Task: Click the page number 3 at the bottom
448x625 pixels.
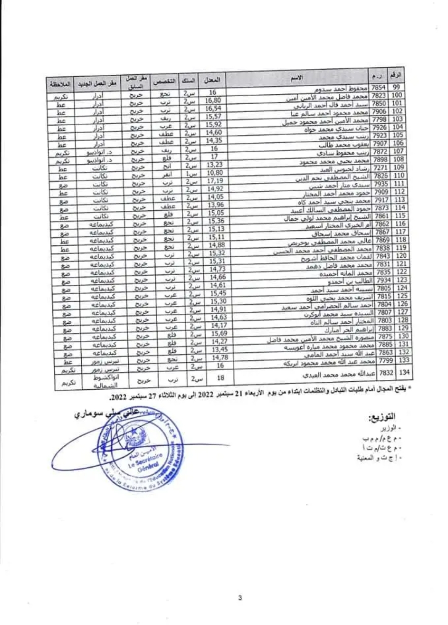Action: point(240,598)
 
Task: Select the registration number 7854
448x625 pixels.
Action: point(378,88)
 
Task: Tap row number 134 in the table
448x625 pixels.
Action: point(404,372)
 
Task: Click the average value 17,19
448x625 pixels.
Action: point(215,181)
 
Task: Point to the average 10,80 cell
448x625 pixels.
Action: point(214,173)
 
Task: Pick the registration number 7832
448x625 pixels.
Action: point(386,373)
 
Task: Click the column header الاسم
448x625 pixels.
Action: point(297,78)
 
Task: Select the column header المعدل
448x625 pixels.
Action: point(212,79)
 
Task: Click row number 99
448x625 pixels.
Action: point(397,87)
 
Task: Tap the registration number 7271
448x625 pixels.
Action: point(380,168)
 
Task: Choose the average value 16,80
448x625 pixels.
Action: point(213,100)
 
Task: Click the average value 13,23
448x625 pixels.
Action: point(214,164)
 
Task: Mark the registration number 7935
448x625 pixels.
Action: point(381,184)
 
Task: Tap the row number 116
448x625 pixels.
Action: point(401,224)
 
